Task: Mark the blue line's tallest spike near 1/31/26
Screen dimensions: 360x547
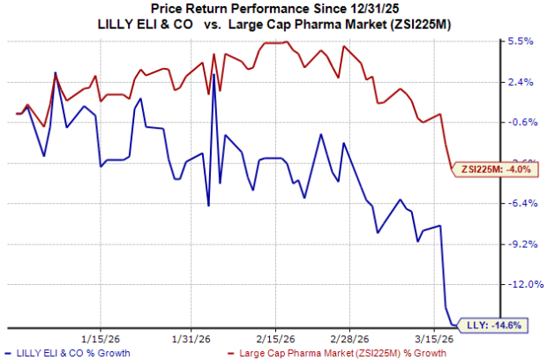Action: coord(214,86)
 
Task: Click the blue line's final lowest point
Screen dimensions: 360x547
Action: coord(454,326)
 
